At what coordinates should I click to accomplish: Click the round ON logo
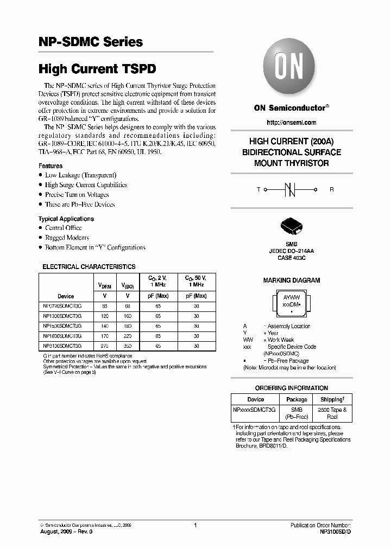(291, 69)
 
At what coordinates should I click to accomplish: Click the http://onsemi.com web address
(291, 123)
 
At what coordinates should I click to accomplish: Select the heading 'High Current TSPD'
(97, 69)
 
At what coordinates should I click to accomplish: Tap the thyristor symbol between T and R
(291, 189)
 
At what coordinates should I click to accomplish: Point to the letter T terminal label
(258, 189)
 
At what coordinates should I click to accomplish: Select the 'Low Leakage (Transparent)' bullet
(80, 175)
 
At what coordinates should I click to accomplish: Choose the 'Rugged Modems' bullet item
(67, 238)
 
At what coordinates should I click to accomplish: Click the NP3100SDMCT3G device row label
(62, 345)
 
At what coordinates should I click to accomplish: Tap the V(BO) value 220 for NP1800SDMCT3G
(128, 335)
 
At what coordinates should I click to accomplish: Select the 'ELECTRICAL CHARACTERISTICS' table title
(89, 267)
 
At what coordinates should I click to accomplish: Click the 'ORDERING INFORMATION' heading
(291, 388)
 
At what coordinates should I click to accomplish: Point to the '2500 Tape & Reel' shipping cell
(332, 413)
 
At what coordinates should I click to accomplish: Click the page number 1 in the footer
(195, 525)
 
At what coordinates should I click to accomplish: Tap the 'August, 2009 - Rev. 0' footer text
(67, 532)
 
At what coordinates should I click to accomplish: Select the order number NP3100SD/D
(332, 532)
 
